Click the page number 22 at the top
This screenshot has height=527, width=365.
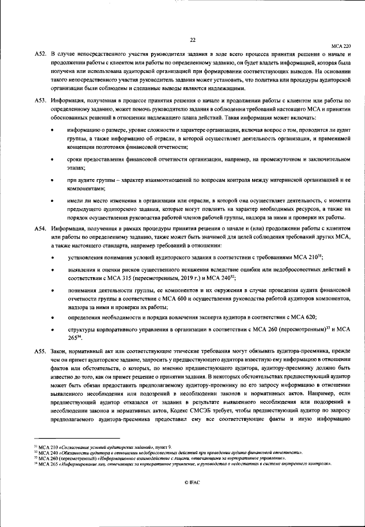tap(192, 39)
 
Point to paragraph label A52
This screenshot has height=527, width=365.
tap(39, 53)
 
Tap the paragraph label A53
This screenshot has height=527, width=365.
tap(39, 100)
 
